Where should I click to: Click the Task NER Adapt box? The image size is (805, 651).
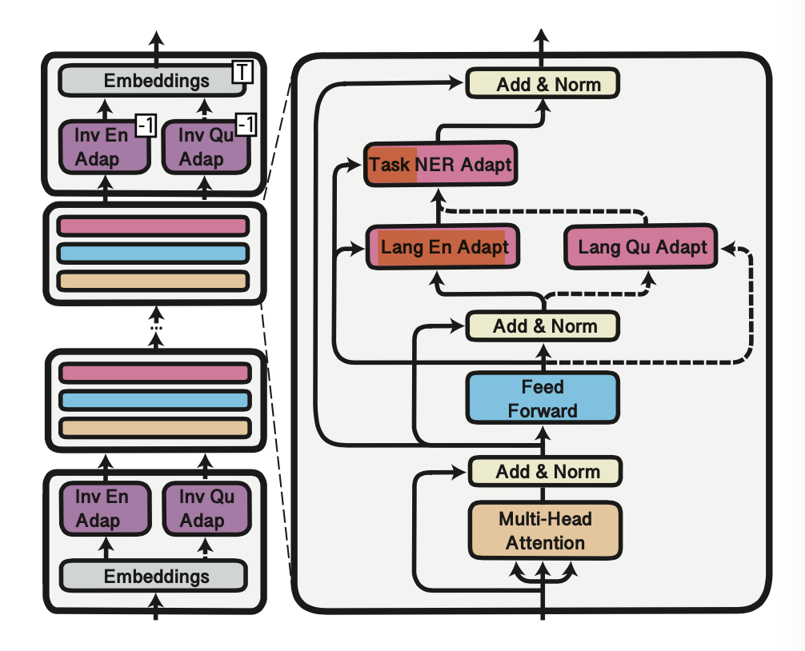(x=439, y=165)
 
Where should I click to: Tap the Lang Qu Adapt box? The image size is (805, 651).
(x=642, y=247)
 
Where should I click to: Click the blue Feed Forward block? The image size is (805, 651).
(x=542, y=399)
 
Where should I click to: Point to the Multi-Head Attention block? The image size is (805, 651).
(x=545, y=531)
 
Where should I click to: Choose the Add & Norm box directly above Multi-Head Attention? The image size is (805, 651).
(x=545, y=471)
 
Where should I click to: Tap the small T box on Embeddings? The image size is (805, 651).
(x=242, y=73)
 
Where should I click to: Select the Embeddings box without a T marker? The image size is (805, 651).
(x=154, y=577)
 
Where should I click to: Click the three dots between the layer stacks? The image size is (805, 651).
(x=156, y=327)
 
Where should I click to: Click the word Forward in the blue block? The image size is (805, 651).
(x=543, y=411)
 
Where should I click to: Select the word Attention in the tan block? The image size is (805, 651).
(x=545, y=543)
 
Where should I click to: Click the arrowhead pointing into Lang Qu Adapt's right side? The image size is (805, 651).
(x=726, y=250)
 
